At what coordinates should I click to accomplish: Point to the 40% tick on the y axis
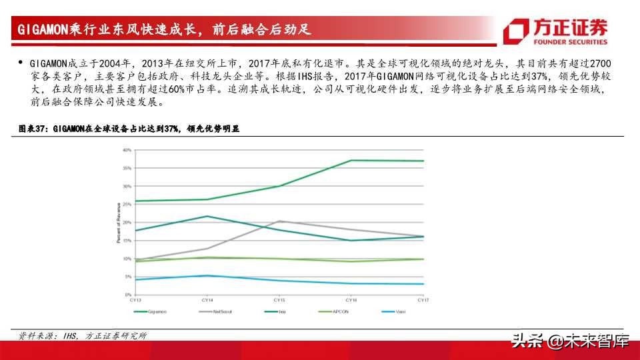tap(127, 150)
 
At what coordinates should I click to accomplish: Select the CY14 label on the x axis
tap(207, 301)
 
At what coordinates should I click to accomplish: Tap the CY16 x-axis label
tap(351, 301)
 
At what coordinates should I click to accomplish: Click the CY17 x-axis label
tap(423, 301)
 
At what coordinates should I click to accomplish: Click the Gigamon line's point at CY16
tap(351, 160)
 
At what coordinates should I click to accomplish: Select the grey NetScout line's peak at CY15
tap(279, 221)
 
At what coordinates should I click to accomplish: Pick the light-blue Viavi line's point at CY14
tap(207, 275)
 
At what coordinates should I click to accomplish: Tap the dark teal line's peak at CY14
tap(207, 216)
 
